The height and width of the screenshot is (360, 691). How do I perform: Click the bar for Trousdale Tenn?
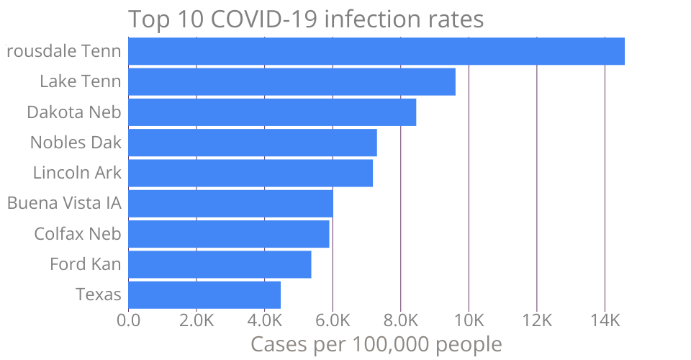coord(376,51)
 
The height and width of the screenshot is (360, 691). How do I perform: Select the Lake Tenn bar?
coord(292,81)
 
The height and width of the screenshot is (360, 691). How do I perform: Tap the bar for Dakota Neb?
coord(272,112)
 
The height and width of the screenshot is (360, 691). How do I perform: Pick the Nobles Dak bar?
coord(253,143)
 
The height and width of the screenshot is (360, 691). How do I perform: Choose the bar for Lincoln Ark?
coord(250,173)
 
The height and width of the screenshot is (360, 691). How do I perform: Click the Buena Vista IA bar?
coord(230,204)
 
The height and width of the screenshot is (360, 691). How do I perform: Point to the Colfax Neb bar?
coord(229,234)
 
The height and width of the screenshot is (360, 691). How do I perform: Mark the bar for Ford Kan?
coord(220,265)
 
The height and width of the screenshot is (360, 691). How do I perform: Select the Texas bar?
coord(204,295)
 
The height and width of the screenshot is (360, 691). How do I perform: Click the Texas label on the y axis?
coord(99,295)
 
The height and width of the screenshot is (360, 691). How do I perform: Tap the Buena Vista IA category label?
coord(64,204)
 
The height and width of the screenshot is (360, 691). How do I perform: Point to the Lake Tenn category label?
coord(81,81)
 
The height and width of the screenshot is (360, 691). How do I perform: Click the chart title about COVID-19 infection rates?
coord(306,19)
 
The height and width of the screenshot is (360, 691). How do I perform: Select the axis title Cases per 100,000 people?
coord(376,344)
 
